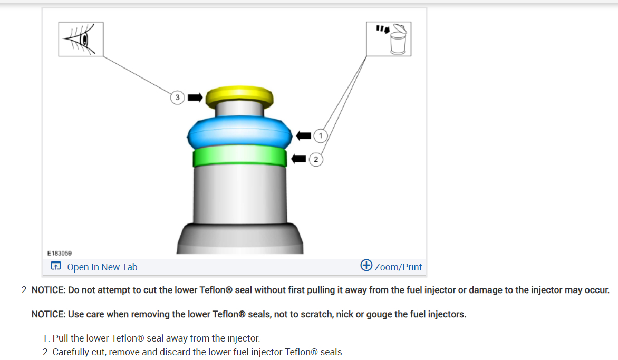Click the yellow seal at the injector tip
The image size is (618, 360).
point(239,95)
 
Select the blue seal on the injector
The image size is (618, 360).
point(239,133)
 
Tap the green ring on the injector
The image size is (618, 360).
point(239,157)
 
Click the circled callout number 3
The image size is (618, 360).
point(177,98)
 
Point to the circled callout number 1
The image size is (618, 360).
point(320,135)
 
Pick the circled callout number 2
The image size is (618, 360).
point(315,159)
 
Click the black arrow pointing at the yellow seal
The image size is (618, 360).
point(195,98)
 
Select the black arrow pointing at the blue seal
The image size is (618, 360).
point(304,135)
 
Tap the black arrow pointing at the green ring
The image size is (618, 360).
point(299,158)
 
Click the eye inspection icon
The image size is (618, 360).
point(81,39)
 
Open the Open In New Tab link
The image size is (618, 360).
point(102,267)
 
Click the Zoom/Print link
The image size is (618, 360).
point(398,267)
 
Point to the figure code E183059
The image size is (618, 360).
point(59,254)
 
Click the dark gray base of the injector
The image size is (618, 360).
point(239,240)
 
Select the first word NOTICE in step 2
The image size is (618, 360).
point(48,290)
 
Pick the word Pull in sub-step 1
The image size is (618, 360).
point(61,338)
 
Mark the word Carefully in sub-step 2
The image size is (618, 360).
point(71,352)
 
